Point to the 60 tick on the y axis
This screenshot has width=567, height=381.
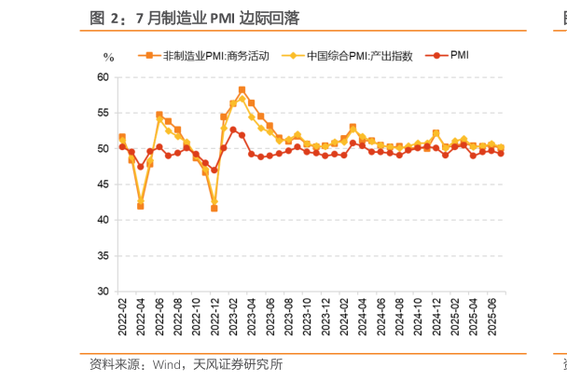click(x=104, y=77)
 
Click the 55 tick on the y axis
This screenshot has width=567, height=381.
click(x=104, y=113)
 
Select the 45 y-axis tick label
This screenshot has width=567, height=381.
click(x=104, y=184)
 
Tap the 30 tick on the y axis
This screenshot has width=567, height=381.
click(x=104, y=292)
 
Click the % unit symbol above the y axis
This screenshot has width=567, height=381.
click(x=108, y=58)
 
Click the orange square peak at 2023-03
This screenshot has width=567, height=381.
click(x=242, y=90)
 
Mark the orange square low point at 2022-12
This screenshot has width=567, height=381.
click(x=214, y=209)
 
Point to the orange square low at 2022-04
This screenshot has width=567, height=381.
click(x=141, y=206)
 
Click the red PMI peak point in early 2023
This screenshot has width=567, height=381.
click(x=232, y=129)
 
